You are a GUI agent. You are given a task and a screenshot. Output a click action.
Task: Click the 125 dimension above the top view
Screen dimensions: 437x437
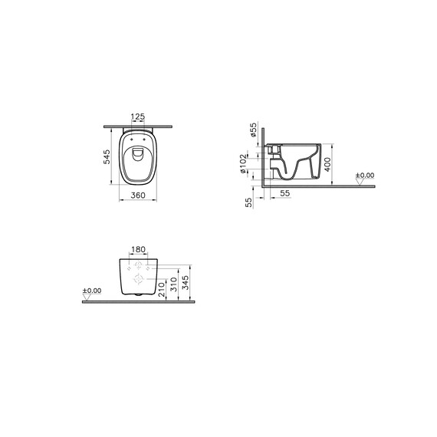[x=138, y=117]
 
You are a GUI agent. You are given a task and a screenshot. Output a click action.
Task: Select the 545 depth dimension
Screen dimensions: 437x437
[x=107, y=157]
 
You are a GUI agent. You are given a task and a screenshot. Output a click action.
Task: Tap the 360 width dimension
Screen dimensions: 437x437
[x=138, y=195]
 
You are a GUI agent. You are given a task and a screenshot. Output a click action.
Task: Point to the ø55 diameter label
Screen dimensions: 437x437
[x=253, y=130]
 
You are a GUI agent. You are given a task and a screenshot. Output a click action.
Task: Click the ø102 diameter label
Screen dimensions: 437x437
[x=243, y=163]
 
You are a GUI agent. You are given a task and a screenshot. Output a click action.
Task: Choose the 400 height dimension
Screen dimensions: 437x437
[x=328, y=164]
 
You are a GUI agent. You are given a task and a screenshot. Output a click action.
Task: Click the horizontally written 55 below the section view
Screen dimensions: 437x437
[x=285, y=193]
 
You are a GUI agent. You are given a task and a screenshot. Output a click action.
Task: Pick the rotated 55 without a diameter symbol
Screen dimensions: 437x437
[x=249, y=202]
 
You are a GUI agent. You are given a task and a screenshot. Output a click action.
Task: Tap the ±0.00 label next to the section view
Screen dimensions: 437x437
[x=365, y=176]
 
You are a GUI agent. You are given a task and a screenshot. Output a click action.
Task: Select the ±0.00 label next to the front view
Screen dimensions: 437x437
[x=92, y=291]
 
